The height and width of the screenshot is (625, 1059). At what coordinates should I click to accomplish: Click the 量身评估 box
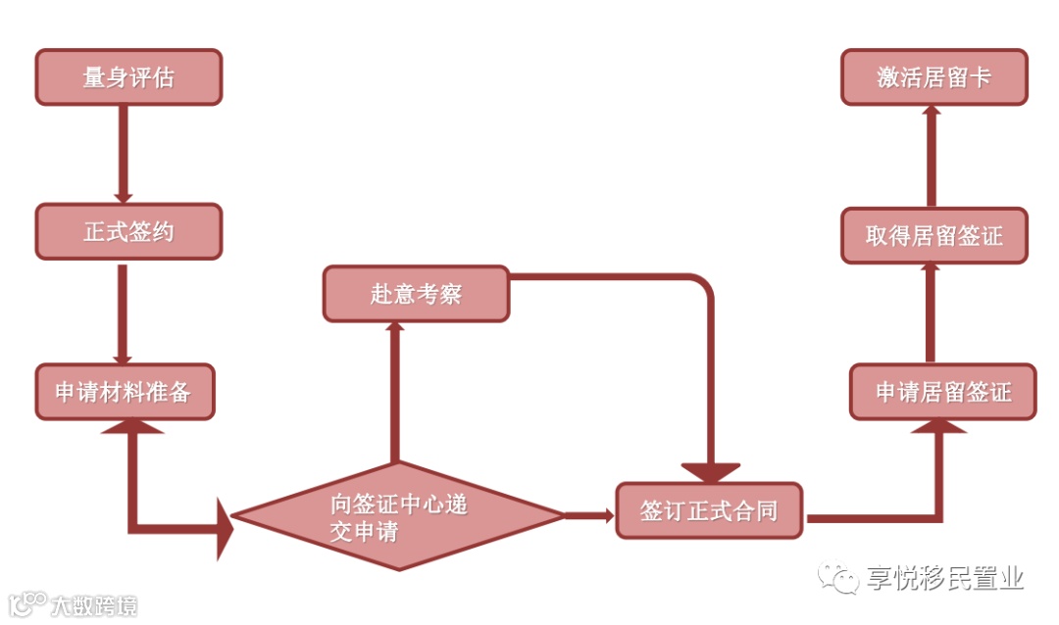pos(128,77)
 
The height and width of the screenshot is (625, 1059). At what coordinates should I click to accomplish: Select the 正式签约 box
pos(128,231)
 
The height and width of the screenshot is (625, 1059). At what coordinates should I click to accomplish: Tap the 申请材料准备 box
pos(124,393)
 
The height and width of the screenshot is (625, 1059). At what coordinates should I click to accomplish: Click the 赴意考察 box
pos(416,294)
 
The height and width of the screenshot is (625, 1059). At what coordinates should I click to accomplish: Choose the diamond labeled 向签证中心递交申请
pos(398,516)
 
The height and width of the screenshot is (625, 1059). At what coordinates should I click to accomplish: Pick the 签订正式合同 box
pos(709,510)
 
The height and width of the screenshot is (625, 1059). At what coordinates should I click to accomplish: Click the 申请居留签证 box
pos(942,392)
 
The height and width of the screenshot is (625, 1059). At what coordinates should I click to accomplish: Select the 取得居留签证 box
pos(934,236)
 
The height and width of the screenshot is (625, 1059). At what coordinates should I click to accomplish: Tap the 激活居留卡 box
pos(934,77)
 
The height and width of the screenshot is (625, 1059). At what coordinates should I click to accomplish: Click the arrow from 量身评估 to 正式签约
pos(124,152)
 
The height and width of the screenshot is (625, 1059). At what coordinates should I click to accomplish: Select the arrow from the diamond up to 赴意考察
pos(395,392)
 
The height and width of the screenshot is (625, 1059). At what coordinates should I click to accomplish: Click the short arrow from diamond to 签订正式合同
pos(589,515)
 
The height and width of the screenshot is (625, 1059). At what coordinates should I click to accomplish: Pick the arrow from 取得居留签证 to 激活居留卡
pos(931,157)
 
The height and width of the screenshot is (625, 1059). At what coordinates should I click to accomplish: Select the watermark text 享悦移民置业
pos(944,579)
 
